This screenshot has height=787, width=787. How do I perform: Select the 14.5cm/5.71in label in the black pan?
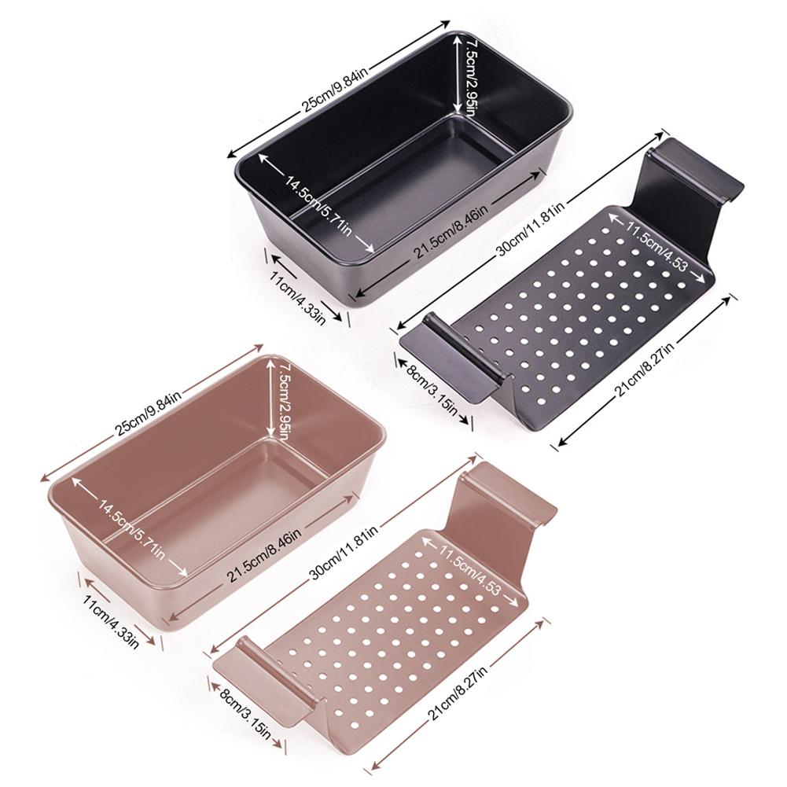(318, 203)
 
